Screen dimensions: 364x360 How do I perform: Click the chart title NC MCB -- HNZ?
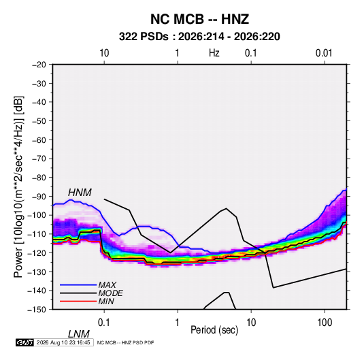point(199,19)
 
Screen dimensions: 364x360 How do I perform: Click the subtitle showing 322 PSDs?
point(199,37)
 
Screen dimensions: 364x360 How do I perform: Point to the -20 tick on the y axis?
point(39,65)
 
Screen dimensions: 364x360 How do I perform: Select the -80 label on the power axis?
point(39,178)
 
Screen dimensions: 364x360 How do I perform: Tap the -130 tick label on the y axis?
point(37,272)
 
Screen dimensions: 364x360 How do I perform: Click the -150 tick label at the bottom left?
point(37,310)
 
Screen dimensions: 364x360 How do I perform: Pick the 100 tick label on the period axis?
point(325,323)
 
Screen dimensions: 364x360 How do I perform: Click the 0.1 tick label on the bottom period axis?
point(104,323)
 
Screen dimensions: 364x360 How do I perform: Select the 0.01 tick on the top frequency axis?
point(324,53)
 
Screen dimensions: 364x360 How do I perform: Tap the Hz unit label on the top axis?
point(214,53)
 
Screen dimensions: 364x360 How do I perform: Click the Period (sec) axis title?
point(214,330)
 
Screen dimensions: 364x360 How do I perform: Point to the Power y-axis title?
point(18,186)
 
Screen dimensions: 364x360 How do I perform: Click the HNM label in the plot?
point(80,193)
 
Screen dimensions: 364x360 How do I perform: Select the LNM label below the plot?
point(79,334)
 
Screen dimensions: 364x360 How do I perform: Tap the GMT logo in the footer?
point(24,342)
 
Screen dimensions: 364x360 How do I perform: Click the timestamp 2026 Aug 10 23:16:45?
point(63,342)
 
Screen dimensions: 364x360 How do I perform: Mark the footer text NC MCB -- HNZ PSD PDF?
point(125,342)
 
